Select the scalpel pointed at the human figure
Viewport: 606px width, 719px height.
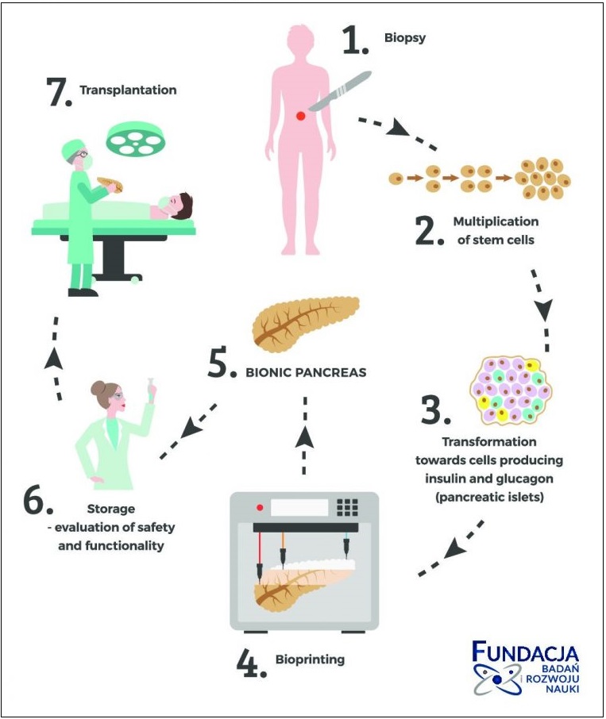[x=338, y=92]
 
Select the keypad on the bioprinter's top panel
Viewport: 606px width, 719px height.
[x=348, y=507]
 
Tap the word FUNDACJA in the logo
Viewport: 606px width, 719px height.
[x=526, y=653]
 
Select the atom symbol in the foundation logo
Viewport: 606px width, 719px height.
[x=495, y=679]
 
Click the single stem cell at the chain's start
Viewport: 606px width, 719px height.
[x=395, y=179]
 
